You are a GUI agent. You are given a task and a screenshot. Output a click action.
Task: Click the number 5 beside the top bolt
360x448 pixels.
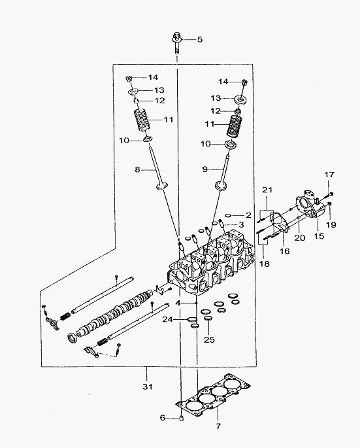coord(200,39)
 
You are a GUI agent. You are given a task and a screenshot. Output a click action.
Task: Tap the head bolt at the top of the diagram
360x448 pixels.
coord(176,44)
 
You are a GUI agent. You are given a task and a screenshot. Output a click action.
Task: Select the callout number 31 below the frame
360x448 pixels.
coord(148,387)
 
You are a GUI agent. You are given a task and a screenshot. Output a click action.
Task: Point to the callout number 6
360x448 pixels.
coord(163,418)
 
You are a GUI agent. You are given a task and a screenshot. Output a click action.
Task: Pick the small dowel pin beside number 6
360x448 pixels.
coord(181,419)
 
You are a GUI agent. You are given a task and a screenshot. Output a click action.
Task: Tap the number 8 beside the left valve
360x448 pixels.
coord(138,169)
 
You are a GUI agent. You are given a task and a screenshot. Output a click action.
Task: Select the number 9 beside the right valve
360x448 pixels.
coord(205,169)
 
